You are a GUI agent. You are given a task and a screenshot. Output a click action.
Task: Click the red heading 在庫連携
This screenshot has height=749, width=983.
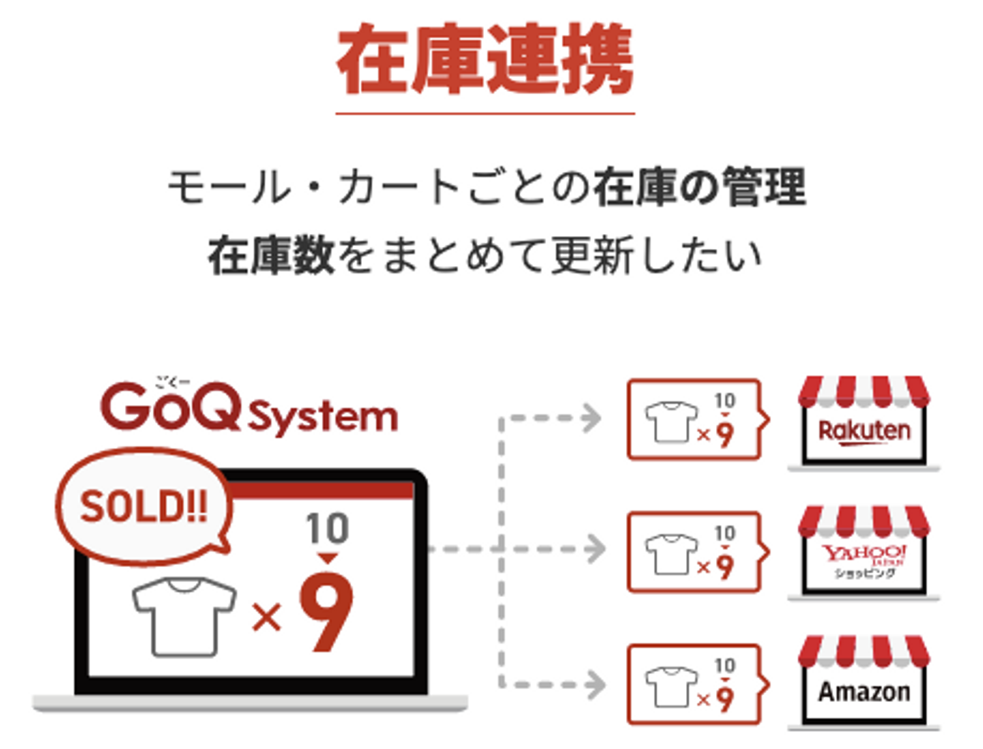tap(485, 60)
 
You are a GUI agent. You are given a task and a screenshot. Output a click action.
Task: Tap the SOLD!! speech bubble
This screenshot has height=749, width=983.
tap(143, 506)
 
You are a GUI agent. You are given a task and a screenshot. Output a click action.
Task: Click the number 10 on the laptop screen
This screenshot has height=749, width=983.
tap(328, 529)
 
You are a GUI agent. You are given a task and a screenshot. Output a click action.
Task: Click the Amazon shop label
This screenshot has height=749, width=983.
tap(864, 692)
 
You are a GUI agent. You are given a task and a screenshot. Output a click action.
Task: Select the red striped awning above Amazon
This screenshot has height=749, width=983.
tap(864, 651)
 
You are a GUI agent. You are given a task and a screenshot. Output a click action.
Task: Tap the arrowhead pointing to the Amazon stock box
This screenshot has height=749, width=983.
tap(595, 684)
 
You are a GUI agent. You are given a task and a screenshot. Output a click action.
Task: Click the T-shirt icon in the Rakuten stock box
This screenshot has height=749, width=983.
tap(672, 422)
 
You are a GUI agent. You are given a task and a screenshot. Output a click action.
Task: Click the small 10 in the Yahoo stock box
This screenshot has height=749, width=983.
tap(724, 533)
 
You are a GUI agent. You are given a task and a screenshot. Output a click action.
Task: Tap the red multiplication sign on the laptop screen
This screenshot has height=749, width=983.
tap(266, 618)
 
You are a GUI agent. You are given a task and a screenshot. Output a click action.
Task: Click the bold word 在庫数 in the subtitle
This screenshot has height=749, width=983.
tap(270, 256)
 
